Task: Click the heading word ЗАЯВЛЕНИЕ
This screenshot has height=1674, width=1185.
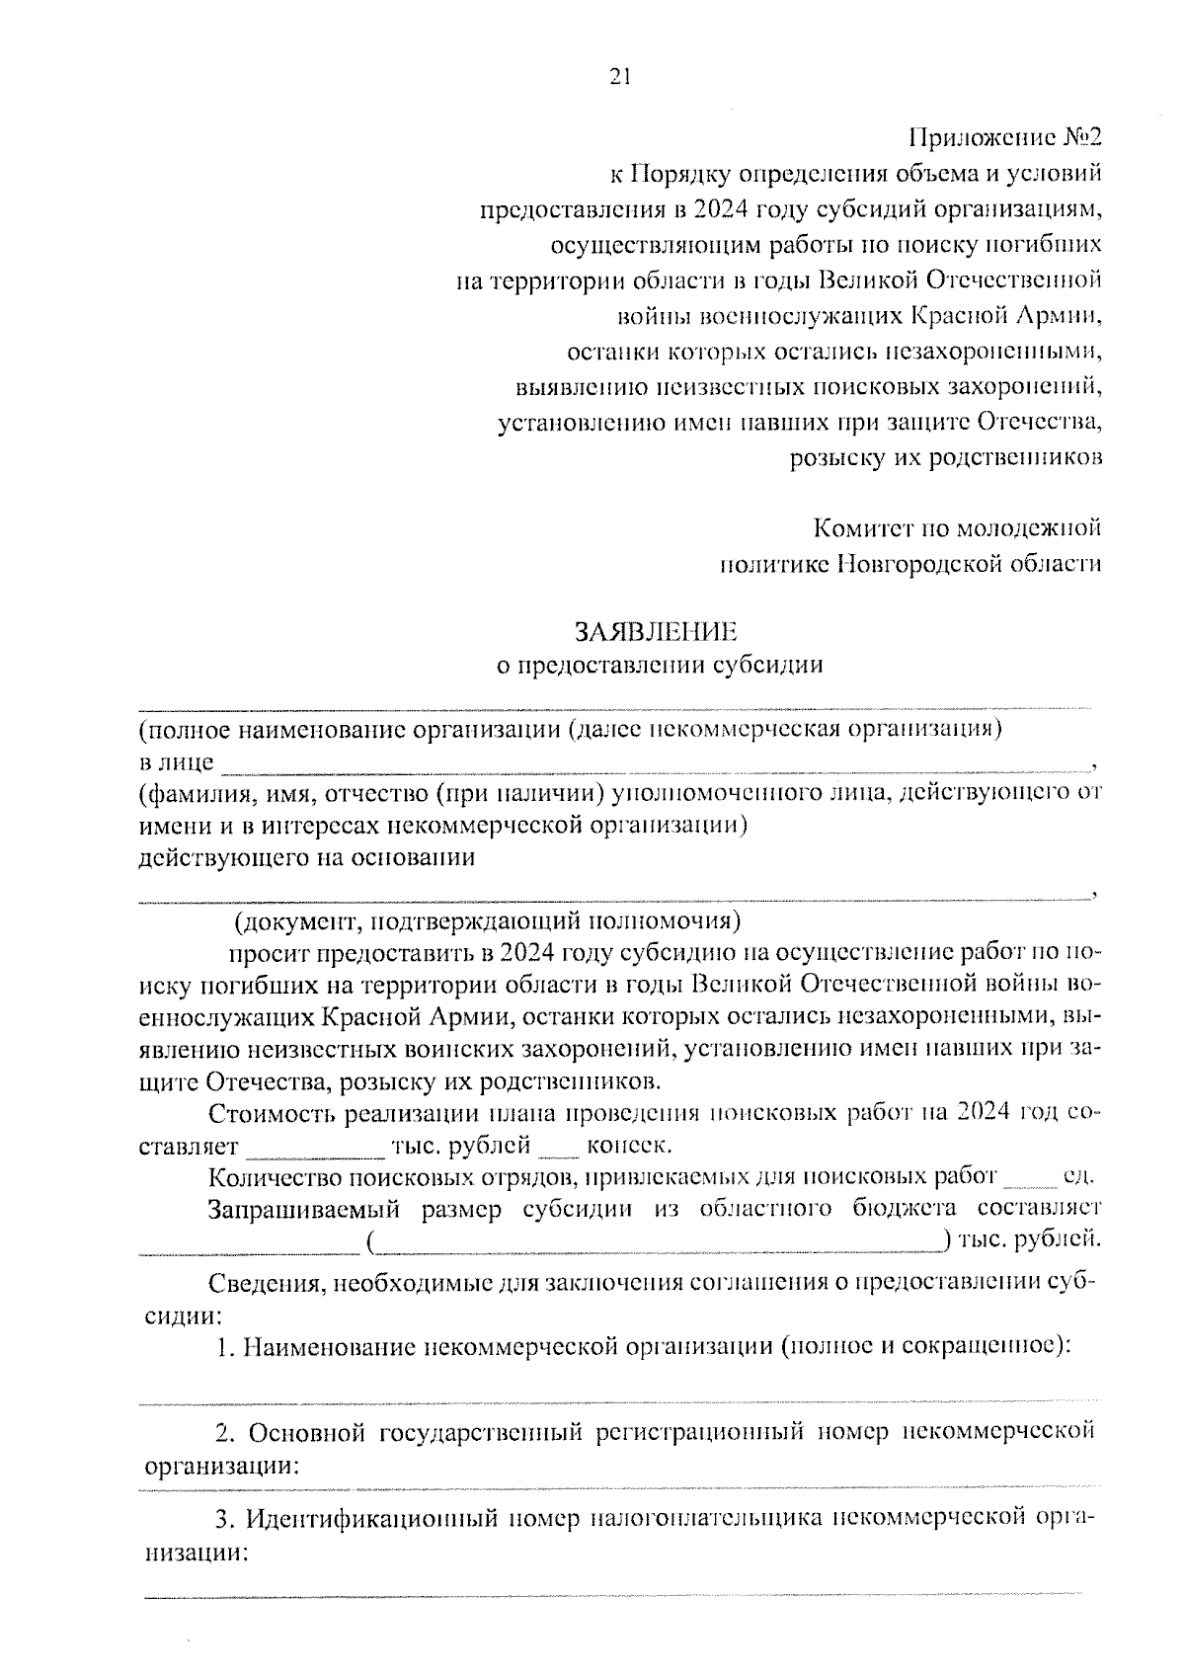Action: pos(656,631)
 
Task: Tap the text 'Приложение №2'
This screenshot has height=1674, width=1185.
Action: pos(1004,137)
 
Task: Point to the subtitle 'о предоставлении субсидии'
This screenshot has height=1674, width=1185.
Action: pos(659,665)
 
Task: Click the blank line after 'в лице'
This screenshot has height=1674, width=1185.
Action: pos(652,763)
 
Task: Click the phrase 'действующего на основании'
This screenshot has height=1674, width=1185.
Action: pos(306,857)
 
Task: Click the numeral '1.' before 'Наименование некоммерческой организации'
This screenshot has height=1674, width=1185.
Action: pos(226,1345)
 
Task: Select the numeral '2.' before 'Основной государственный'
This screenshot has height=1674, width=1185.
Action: pos(225,1432)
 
